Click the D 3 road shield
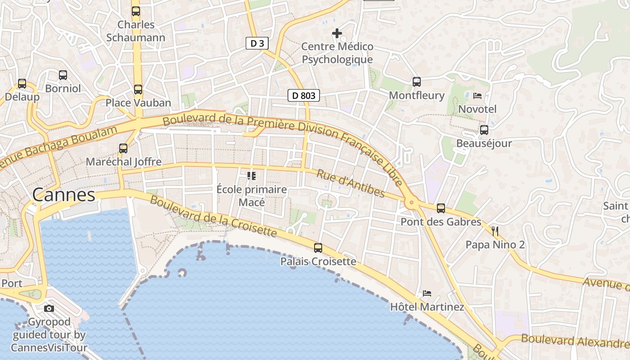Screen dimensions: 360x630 pos(257,43)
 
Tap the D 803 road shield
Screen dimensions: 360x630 pos(304,95)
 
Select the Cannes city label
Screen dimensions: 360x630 pos(64,195)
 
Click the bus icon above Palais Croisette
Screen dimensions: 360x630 pos(318,247)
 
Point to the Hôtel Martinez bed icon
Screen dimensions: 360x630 pos(427,293)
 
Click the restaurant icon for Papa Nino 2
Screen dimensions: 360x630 pos(495,231)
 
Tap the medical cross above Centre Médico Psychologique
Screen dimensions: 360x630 pos(337,33)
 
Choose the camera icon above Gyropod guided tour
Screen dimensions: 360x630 pos(49,308)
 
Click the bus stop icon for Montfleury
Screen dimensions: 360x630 pos(417,82)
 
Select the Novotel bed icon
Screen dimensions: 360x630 pos(477,95)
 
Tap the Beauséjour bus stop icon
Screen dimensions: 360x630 pos(484,130)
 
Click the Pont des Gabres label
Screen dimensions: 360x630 pos(441,222)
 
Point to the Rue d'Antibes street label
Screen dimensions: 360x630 pos(351,184)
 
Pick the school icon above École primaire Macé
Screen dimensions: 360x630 pos(251,175)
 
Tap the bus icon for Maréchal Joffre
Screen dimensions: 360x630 pos(123,148)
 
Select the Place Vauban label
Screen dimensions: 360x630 pos(138,103)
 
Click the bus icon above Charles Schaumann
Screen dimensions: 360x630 pos(136,11)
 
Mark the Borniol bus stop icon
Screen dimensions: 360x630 pos(63,75)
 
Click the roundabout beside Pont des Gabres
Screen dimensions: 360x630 pos(411,203)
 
